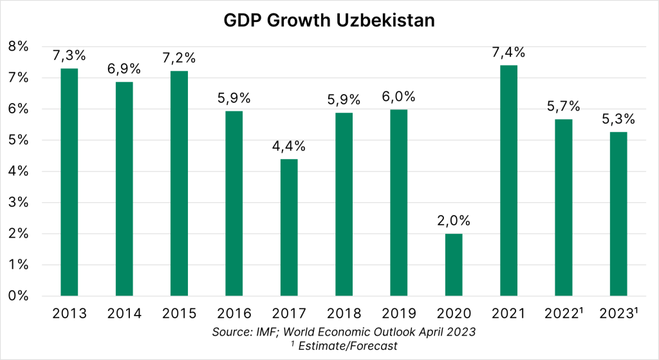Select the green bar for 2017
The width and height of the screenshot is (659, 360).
[288, 227]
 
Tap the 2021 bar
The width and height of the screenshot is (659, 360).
[508, 180]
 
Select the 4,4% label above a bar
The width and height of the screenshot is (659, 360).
[288, 146]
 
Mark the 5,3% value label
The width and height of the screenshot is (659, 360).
[618, 119]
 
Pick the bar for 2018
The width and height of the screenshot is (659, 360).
[343, 204]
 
